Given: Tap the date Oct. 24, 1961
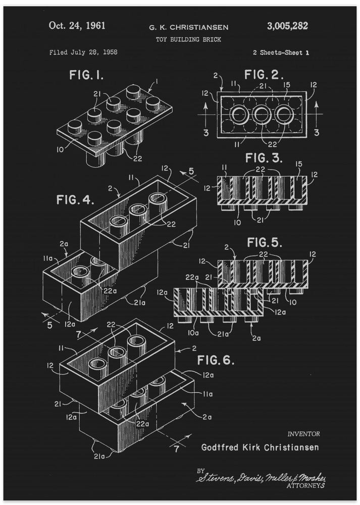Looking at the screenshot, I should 77,26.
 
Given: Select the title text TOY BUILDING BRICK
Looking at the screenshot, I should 188,39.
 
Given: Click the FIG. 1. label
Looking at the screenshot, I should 86,76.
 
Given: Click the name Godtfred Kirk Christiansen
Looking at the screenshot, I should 260,447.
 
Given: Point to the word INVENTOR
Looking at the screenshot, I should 303,433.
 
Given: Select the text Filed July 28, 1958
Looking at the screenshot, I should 83,52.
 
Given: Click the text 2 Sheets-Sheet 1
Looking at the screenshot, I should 281,53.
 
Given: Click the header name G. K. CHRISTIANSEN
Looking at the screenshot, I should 187,27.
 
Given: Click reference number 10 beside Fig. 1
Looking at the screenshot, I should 60,149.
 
